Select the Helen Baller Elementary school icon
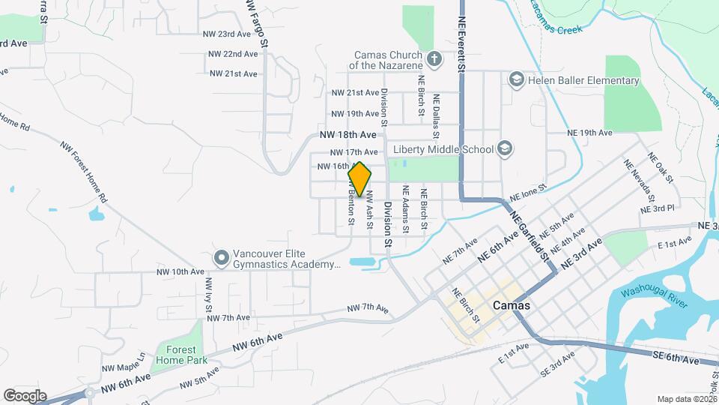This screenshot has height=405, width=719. click(x=515, y=79)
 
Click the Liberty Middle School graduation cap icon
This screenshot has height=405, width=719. click(x=505, y=148)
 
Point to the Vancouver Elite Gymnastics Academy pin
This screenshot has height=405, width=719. click(x=222, y=257)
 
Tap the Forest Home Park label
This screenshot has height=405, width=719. click(x=176, y=354)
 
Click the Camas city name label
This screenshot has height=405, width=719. click(x=512, y=306)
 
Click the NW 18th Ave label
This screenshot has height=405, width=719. click(x=348, y=135)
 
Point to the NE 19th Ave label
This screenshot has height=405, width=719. click(x=591, y=133)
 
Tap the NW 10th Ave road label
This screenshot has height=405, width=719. click(x=180, y=271)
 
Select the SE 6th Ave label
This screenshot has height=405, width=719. click(x=676, y=360)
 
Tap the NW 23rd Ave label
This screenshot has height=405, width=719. click(x=226, y=34)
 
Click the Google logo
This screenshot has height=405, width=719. click(x=25, y=395)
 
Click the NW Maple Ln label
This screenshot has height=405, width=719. click(x=124, y=368)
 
